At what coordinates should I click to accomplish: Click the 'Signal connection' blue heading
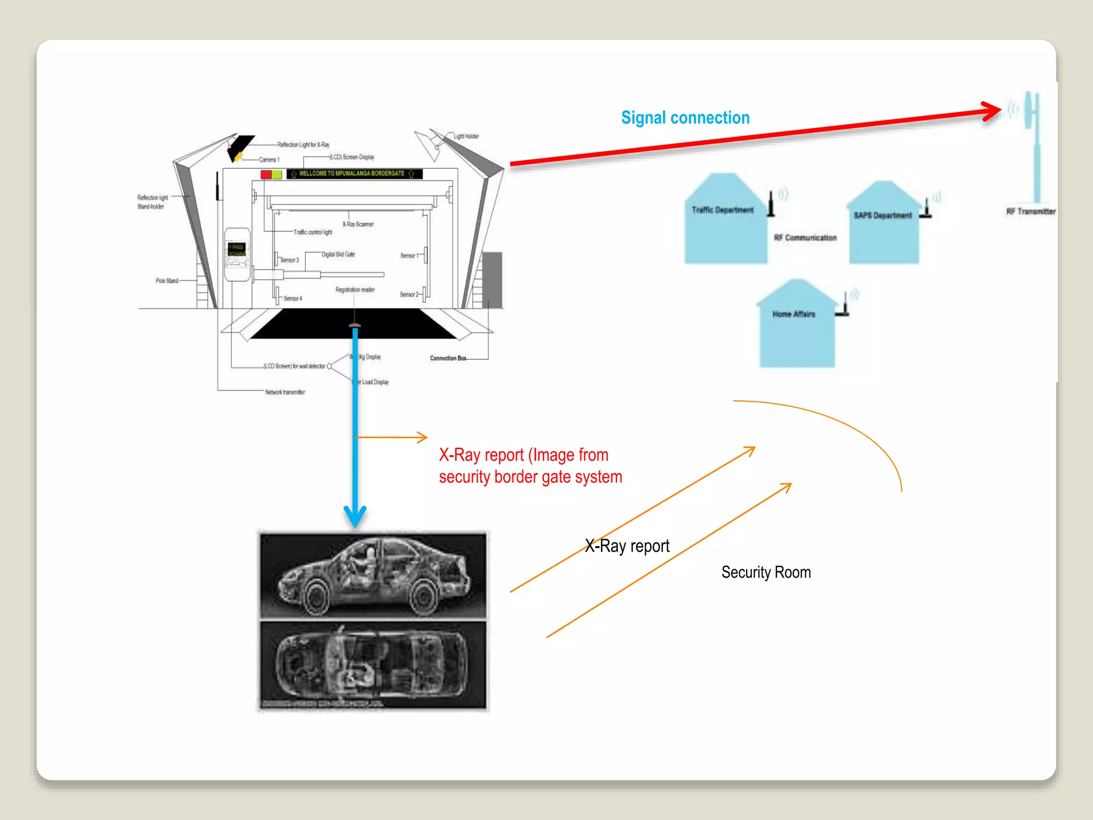click(x=685, y=118)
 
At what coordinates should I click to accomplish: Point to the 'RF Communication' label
click(x=805, y=238)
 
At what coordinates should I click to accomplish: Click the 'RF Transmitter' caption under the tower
click(x=1031, y=211)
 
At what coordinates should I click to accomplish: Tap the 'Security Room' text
click(x=766, y=572)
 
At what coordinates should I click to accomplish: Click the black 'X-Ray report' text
click(x=627, y=546)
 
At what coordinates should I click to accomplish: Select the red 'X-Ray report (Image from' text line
click(x=524, y=455)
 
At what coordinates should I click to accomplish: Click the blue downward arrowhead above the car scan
click(x=355, y=516)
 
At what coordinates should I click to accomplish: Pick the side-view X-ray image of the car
click(x=373, y=575)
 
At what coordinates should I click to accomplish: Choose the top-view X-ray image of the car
click(x=373, y=665)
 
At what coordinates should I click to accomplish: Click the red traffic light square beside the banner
click(x=266, y=175)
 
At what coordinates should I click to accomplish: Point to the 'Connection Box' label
click(x=448, y=358)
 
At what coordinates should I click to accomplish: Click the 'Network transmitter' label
click(x=284, y=392)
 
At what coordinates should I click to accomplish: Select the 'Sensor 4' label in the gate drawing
click(x=292, y=298)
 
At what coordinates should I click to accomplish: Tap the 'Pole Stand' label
click(x=167, y=281)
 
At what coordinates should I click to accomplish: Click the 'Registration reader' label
click(x=355, y=290)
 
